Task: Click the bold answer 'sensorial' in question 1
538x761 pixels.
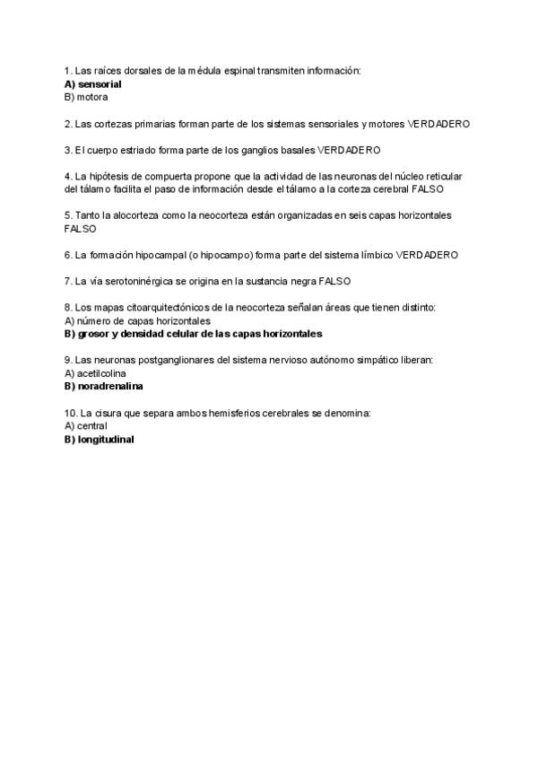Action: tap(99, 83)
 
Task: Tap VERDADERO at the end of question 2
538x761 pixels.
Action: tap(438, 123)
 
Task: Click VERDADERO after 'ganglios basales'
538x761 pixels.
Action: tap(349, 150)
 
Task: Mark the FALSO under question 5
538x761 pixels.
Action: tap(80, 229)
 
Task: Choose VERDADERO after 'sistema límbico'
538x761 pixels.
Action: tap(427, 255)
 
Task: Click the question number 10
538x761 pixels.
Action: tap(72, 413)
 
